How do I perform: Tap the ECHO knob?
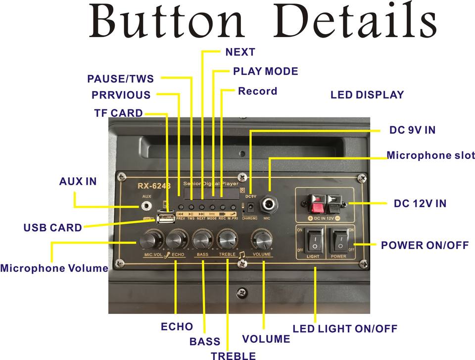coord(176,240)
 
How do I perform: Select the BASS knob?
coord(202,240)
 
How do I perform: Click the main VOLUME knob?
coord(261,240)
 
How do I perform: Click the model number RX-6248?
coord(154,186)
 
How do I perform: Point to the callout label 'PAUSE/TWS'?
coord(120,79)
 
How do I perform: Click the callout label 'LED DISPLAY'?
coord(367,95)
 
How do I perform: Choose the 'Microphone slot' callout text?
coord(430,155)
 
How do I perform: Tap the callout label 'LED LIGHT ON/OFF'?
coord(345,328)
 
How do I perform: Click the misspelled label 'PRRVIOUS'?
coord(121,95)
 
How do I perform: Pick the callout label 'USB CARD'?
coord(52,228)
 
